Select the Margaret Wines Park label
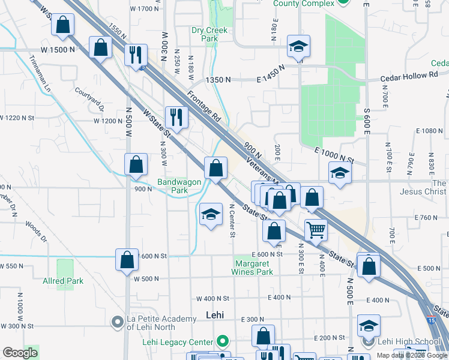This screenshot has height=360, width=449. tap(253, 268)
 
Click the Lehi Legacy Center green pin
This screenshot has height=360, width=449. tap(223, 343)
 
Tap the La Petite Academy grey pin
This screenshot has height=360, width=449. tap(118, 323)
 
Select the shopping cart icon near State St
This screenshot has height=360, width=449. tap(316, 229)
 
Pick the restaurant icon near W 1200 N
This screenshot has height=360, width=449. tap(176, 116)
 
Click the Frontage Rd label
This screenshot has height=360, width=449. tap(204, 106)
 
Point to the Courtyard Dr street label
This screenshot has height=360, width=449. tap(89, 100)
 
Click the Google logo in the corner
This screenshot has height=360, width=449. tap(20, 353)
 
